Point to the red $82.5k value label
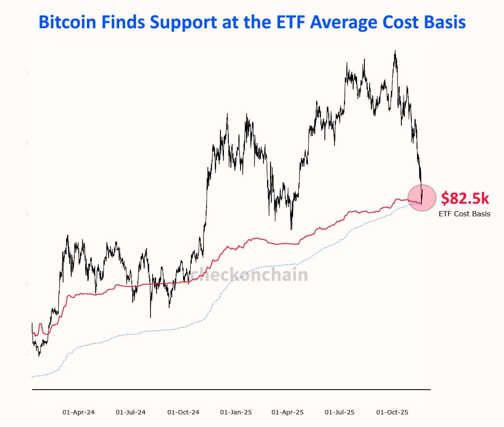point(465,199)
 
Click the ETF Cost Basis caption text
point(464,214)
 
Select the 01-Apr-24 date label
point(79,412)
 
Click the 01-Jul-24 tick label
point(131,412)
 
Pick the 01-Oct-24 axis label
point(183,412)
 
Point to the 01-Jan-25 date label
point(236,412)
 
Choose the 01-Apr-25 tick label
point(287,412)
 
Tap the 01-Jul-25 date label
point(340,412)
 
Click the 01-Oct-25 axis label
point(392,412)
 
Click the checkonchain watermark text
point(249,275)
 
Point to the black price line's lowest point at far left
point(39,356)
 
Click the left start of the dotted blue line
point(33,376)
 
